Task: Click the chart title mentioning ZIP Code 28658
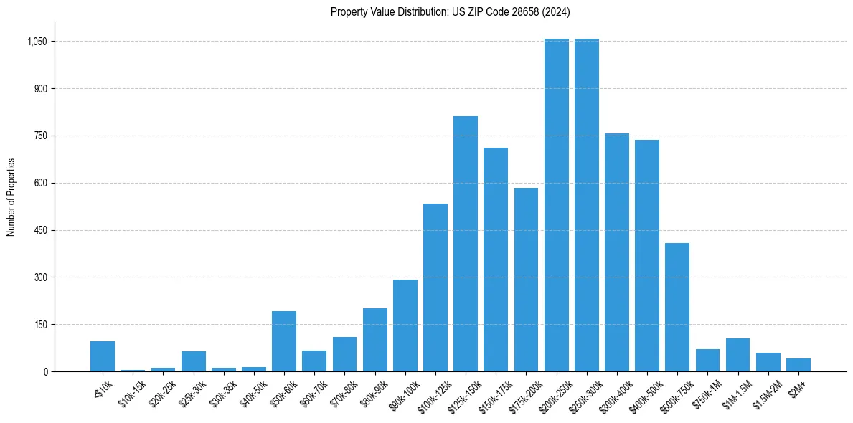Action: tap(450, 11)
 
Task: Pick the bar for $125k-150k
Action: tap(466, 244)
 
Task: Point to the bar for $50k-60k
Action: tap(284, 341)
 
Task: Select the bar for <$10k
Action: tap(103, 356)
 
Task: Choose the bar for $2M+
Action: tap(798, 365)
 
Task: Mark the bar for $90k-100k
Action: tap(405, 325)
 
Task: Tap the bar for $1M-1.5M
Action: tap(737, 355)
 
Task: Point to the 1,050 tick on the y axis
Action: tap(37, 42)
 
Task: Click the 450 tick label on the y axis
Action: tap(40, 230)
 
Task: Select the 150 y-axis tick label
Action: tap(40, 325)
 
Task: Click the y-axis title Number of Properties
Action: tap(11, 197)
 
